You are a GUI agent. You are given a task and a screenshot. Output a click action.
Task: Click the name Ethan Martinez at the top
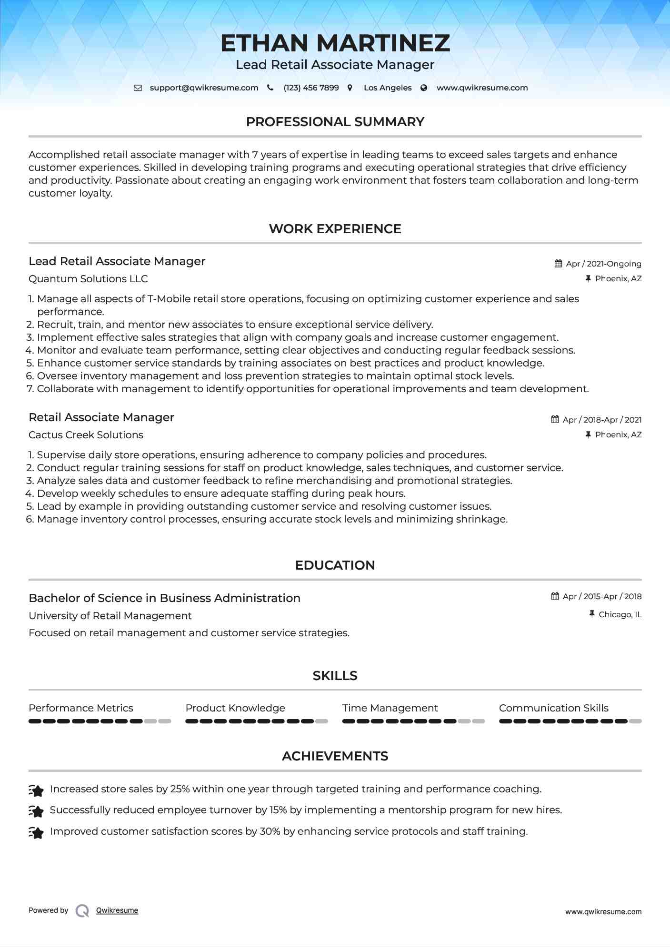(x=335, y=43)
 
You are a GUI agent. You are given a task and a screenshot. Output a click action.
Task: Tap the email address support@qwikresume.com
(x=204, y=88)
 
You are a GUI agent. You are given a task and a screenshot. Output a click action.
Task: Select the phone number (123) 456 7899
(x=311, y=88)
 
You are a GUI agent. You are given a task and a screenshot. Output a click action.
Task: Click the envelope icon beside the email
(x=138, y=88)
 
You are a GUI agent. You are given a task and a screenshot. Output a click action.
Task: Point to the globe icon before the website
(x=424, y=88)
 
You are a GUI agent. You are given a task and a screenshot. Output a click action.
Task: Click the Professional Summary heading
(x=335, y=122)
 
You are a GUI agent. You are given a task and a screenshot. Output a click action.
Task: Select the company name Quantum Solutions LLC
(x=88, y=279)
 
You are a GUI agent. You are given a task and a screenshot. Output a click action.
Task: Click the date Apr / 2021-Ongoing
(x=603, y=264)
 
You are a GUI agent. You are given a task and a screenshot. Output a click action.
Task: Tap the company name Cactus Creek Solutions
(x=86, y=435)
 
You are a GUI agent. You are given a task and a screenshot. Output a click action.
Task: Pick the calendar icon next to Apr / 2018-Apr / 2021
(x=555, y=419)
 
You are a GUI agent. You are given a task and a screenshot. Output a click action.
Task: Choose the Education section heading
(x=335, y=565)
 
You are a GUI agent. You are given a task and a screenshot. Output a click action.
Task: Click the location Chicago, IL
(x=620, y=614)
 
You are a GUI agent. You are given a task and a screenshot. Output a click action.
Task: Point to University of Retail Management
(x=110, y=616)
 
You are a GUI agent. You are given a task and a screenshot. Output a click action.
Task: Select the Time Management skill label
(x=390, y=708)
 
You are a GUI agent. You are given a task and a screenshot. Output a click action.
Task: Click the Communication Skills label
(x=553, y=708)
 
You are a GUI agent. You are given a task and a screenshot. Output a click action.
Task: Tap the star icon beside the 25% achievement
(x=36, y=790)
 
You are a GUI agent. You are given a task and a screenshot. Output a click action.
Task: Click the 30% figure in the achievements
(x=270, y=831)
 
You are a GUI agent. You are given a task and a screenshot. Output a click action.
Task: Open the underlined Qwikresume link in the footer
(x=117, y=910)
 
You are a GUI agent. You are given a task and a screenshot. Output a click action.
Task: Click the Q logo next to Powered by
(x=82, y=910)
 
